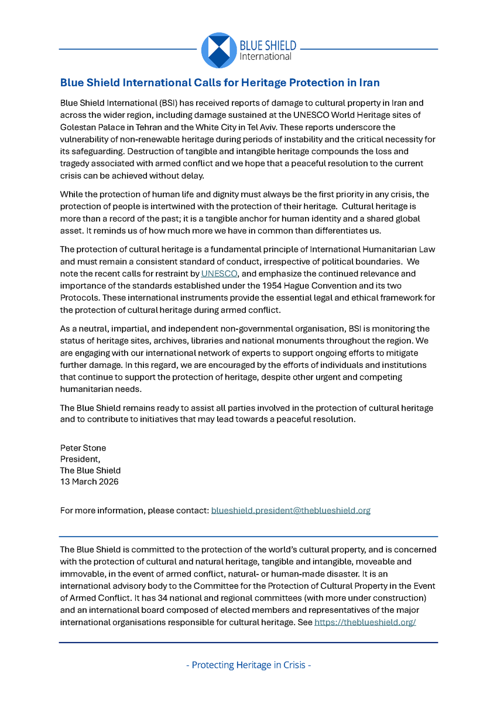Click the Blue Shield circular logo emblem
click(219, 50)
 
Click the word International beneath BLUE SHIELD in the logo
click(265, 57)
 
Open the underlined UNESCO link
click(219, 274)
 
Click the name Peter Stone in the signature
click(83, 448)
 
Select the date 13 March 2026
click(89, 482)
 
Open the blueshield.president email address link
click(290, 510)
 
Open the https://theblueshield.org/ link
click(365, 622)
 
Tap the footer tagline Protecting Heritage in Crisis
click(248, 665)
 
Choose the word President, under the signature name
click(80, 459)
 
